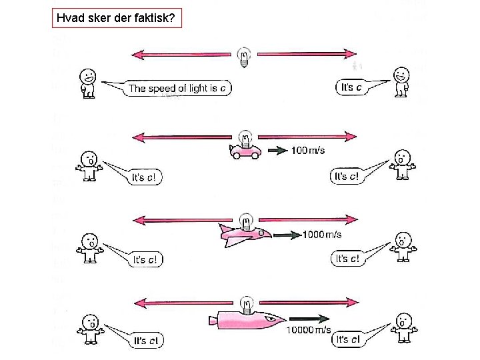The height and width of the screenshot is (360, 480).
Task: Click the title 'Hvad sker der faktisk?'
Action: [117, 19]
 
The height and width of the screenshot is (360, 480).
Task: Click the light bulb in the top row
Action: [245, 57]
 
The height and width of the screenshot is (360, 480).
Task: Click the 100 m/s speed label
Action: [308, 151]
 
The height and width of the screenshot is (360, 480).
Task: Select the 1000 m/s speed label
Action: [322, 234]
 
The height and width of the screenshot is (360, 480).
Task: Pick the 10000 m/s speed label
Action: [309, 330]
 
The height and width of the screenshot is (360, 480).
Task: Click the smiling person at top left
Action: [87, 82]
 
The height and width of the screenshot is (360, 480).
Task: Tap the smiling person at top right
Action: [401, 80]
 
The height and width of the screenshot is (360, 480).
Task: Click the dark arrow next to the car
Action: [277, 151]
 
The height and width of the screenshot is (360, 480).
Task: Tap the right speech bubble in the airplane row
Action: [351, 259]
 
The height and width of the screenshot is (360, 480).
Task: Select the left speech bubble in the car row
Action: [145, 177]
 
